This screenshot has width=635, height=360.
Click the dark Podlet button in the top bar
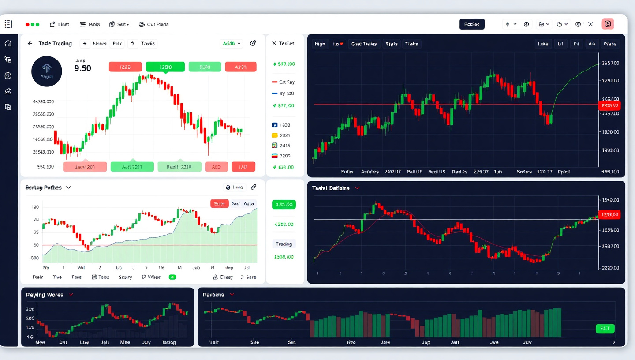[472, 24]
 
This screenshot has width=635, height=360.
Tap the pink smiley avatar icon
[608, 24]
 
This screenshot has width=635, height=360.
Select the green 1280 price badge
[165, 67]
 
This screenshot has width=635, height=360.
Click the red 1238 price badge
[125, 67]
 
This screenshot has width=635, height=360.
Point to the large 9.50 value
[83, 68]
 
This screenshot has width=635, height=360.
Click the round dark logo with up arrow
[47, 71]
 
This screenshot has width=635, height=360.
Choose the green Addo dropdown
[232, 44]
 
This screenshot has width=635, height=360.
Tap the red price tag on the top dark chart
[609, 105]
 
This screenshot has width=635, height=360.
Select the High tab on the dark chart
[320, 44]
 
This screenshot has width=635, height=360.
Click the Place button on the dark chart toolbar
[610, 44]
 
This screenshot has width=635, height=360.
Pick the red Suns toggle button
[219, 204]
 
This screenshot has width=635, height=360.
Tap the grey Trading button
[284, 244]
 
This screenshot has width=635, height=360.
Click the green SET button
[605, 329]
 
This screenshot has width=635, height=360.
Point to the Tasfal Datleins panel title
[331, 188]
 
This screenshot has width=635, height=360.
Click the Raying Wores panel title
[45, 295]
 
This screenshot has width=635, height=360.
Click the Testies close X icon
[274, 44]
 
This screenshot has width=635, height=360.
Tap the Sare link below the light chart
[248, 277]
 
